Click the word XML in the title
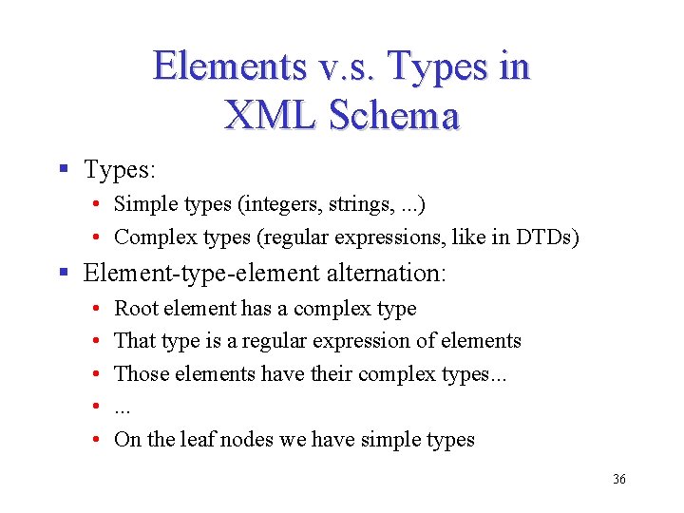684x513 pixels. (x=271, y=115)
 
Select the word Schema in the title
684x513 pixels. (x=394, y=115)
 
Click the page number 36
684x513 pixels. (x=619, y=480)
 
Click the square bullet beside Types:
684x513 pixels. (x=64, y=170)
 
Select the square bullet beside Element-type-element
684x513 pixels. (x=64, y=274)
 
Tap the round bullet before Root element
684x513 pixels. (x=99, y=309)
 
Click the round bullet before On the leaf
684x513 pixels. (x=99, y=440)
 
